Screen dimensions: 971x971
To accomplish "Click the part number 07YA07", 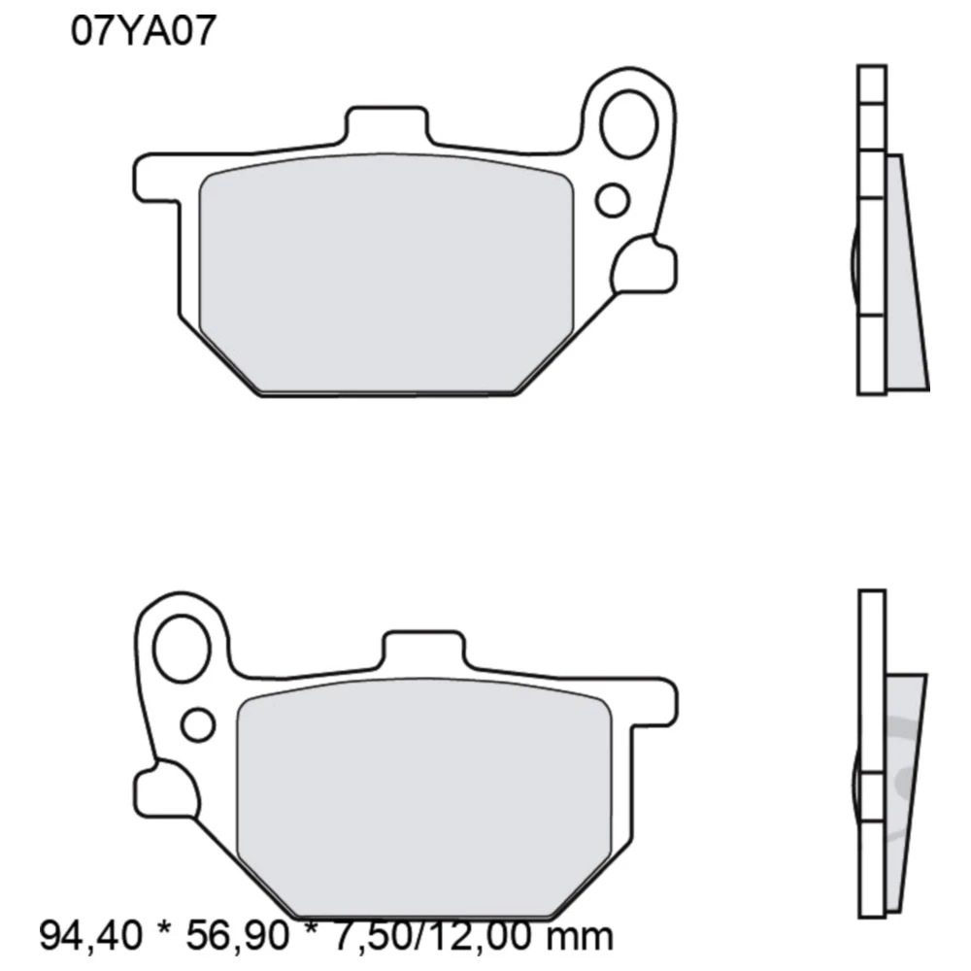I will (142, 32).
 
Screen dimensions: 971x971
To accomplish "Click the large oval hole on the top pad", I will (629, 124).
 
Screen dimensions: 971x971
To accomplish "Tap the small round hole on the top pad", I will (613, 200).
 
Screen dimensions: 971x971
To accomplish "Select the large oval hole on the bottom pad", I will (184, 646).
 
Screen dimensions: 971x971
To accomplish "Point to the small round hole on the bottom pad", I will (198, 723).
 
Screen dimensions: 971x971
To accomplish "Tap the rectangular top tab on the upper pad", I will (386, 127).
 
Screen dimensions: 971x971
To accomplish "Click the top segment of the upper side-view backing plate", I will (871, 82).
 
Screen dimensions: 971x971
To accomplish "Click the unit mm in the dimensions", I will (580, 937).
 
